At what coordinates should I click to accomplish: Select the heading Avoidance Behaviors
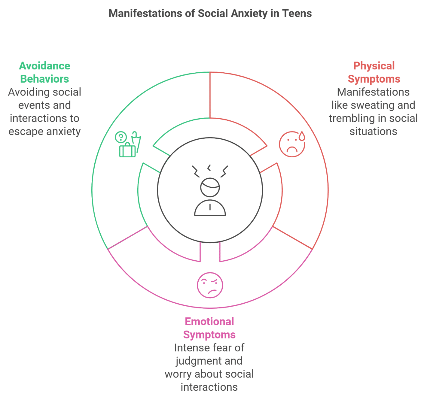(x=44, y=72)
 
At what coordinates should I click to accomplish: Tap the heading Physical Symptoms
(x=374, y=72)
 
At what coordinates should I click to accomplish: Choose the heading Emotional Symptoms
(x=209, y=328)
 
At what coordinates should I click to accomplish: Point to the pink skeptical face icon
(x=210, y=285)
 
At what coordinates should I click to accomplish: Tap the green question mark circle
(x=121, y=137)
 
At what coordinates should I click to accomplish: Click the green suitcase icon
(x=127, y=150)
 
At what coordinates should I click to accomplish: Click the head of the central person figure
(x=210, y=187)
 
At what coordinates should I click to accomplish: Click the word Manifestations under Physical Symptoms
(x=373, y=92)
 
